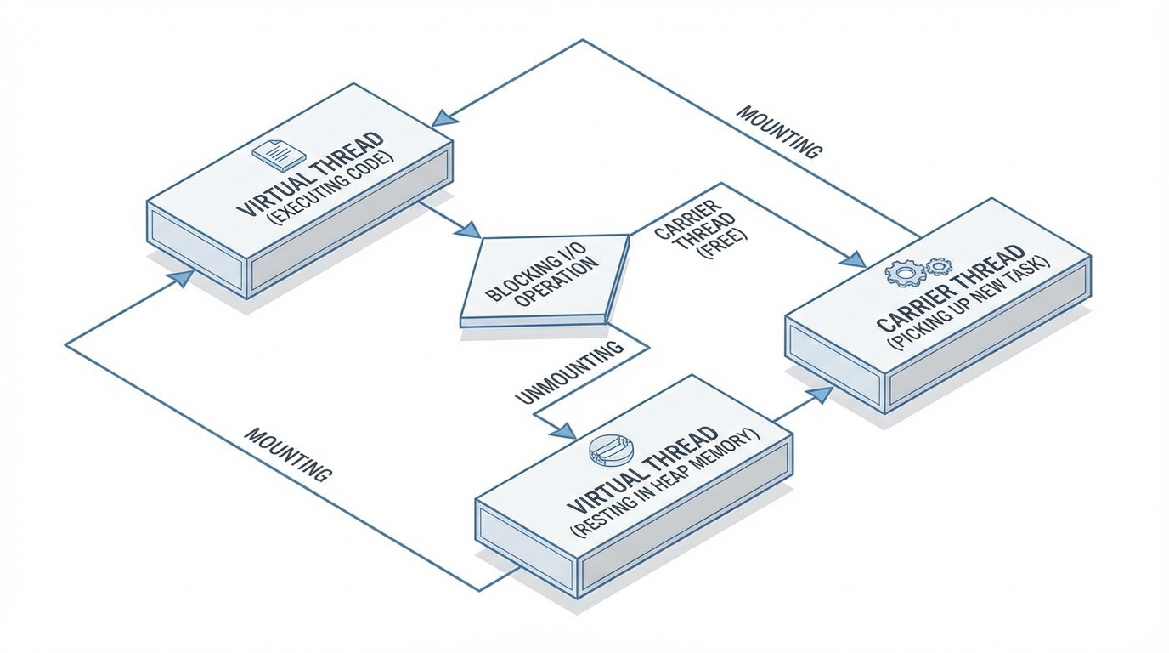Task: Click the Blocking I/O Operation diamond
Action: pos(544,281)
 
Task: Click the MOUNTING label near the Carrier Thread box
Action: pos(779,132)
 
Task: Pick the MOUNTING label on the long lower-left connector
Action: pos(287,455)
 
